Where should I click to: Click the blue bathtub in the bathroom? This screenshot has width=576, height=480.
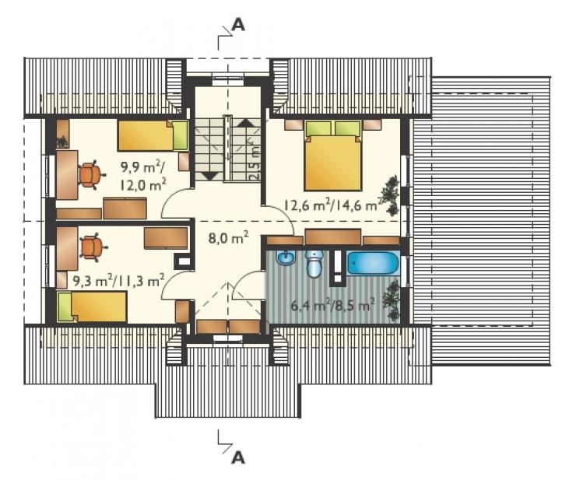tap(373, 263)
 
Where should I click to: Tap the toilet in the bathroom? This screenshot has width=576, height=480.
tap(314, 264)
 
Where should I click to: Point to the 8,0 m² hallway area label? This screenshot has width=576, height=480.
tap(228, 239)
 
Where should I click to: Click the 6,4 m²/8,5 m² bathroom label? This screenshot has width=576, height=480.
tap(333, 305)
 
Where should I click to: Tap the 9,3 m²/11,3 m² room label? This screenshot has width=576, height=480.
tap(118, 282)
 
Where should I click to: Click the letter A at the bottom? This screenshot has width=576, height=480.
tap(238, 457)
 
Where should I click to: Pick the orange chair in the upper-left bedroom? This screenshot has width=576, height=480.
tap(91, 174)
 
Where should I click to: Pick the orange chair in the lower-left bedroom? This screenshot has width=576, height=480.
tap(92, 247)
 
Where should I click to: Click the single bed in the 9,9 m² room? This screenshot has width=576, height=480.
tap(153, 135)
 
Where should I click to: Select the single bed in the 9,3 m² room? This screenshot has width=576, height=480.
tap(92, 307)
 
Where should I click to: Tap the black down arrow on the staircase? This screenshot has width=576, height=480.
tap(210, 176)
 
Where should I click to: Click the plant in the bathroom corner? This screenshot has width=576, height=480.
tap(391, 300)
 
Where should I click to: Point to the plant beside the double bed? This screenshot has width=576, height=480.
tap(390, 194)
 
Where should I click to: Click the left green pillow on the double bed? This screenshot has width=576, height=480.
tap(318, 128)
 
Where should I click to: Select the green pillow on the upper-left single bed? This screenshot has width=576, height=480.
tap(180, 135)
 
